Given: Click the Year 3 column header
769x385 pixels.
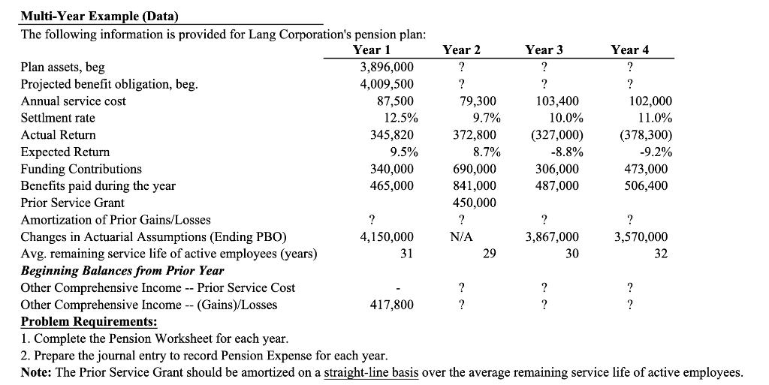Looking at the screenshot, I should click(544, 50).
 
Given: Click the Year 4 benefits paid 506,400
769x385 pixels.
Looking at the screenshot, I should click(647, 185).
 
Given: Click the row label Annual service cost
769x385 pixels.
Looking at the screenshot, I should click(74, 101).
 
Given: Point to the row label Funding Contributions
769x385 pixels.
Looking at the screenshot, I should click(81, 169).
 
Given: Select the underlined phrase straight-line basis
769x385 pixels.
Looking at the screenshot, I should click(372, 373).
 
